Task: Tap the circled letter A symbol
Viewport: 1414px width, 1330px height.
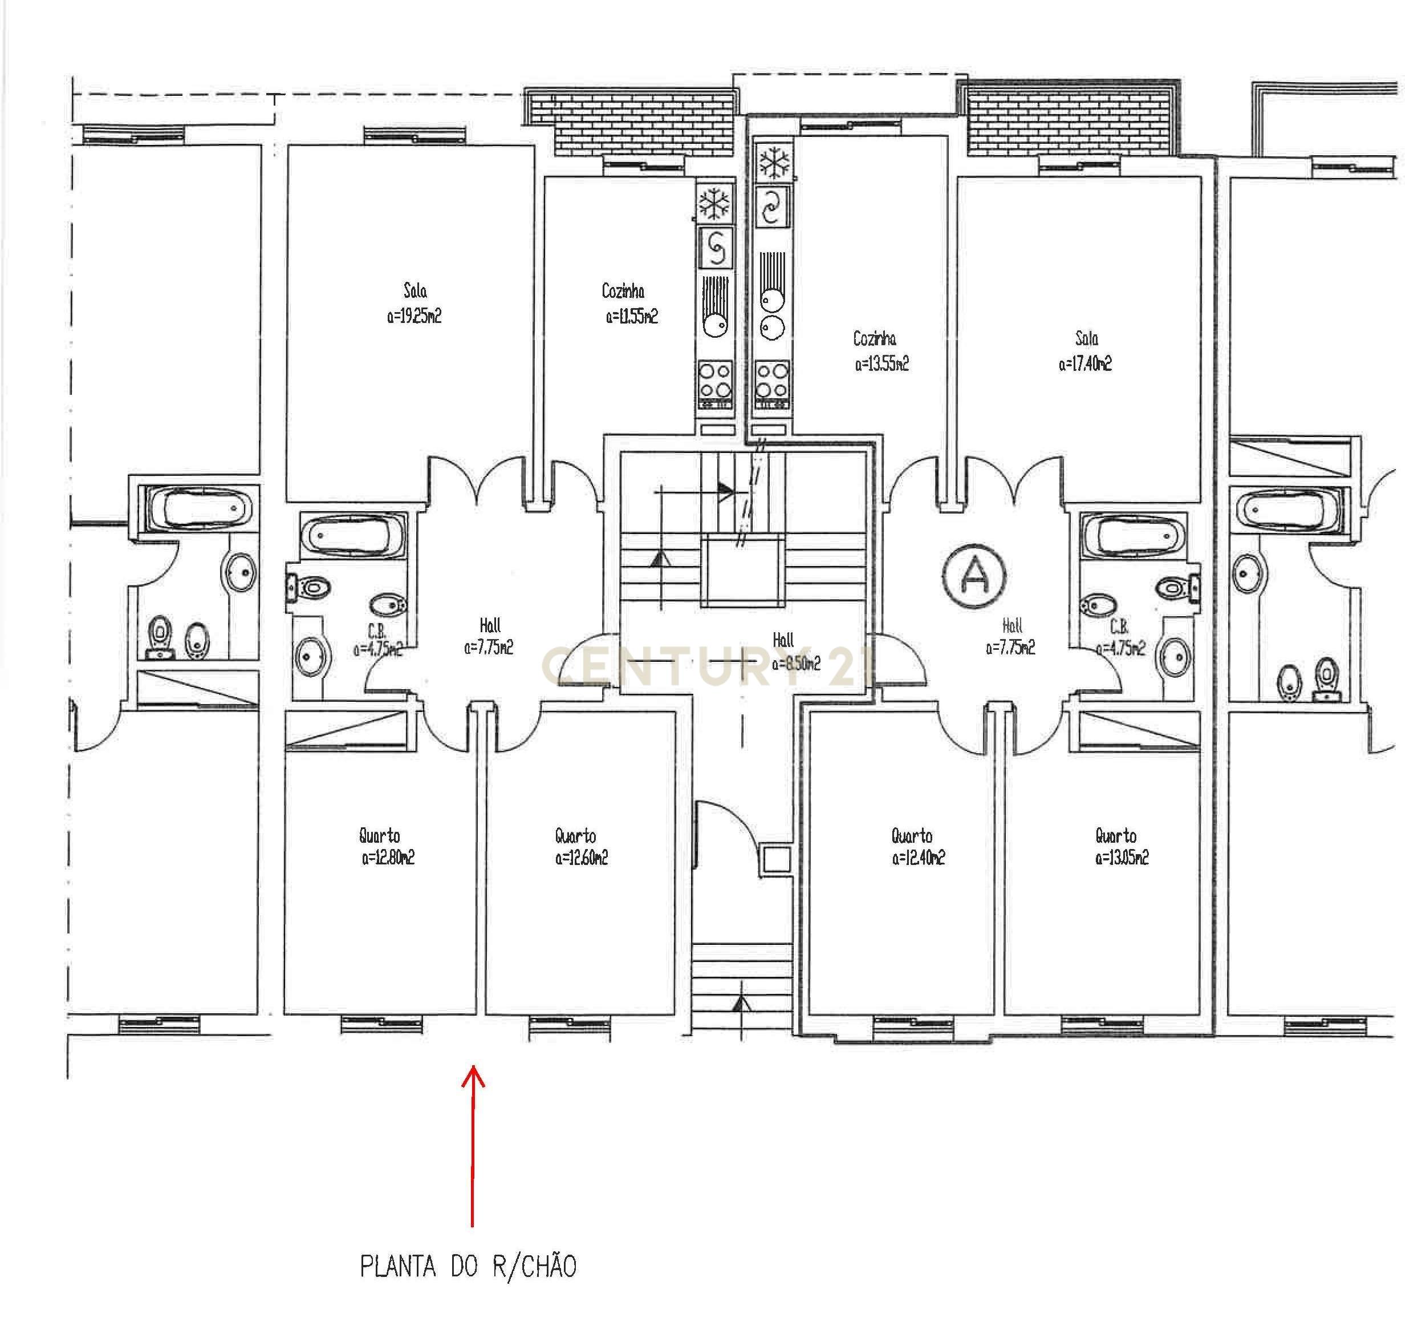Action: (x=975, y=576)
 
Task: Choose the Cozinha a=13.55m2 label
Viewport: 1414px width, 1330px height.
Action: (x=880, y=351)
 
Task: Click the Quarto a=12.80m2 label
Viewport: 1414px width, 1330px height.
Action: (x=386, y=847)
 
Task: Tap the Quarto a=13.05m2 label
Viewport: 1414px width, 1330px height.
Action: (x=1120, y=847)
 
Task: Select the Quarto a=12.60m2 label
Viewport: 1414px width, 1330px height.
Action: (x=580, y=847)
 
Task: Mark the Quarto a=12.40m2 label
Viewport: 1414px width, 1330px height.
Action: (x=917, y=847)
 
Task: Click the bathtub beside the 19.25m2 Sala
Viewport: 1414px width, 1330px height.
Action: (x=353, y=536)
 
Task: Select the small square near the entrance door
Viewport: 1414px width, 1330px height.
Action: (x=776, y=860)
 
